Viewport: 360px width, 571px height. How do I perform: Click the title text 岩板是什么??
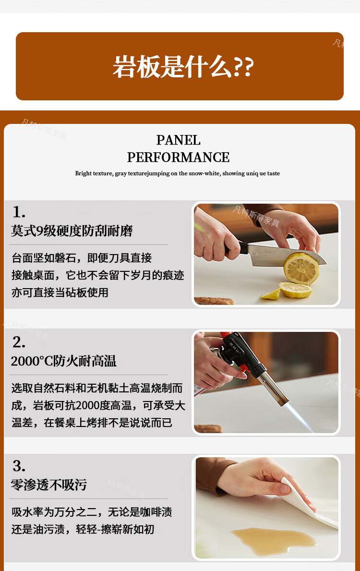183,67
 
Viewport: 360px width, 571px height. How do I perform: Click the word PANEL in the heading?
179,140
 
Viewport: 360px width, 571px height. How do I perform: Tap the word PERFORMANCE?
179,158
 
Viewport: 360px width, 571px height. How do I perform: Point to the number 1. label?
19,212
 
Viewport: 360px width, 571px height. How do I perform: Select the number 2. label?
19,342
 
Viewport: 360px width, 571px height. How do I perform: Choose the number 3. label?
19,466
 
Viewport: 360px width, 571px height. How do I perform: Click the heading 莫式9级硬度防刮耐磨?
72,231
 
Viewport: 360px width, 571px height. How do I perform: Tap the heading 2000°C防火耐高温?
64,361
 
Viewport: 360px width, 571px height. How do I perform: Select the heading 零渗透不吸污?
49,485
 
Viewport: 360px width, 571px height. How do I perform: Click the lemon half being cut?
301,268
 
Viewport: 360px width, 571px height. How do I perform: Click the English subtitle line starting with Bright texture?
178,173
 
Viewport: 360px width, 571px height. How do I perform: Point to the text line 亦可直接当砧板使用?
60,292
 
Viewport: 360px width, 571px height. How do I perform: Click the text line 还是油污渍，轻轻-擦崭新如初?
83,529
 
